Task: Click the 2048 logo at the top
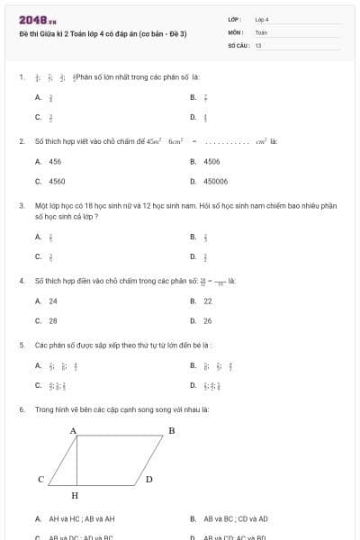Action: (37, 21)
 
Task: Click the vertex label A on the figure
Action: (73, 431)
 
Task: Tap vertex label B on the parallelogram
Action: (172, 431)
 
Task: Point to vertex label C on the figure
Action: (40, 480)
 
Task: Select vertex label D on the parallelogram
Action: (149, 480)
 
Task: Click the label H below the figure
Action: (75, 495)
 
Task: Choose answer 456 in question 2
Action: (55, 161)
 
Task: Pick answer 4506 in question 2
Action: (211, 161)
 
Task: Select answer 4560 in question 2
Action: (57, 181)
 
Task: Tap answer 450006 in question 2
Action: (215, 181)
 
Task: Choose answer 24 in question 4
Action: (53, 301)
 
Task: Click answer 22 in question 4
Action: (208, 301)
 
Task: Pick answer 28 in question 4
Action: (53, 320)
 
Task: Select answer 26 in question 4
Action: (208, 320)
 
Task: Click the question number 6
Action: (21, 409)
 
